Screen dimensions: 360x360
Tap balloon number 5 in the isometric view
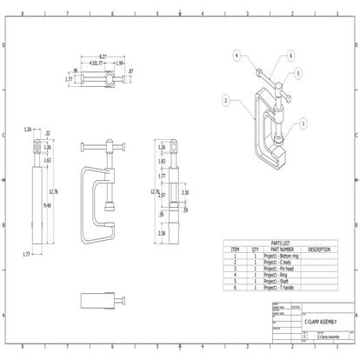(298, 74)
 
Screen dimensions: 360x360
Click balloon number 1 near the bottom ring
(302, 124)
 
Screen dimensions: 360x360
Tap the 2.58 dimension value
(162, 233)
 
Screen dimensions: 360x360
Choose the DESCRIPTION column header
(318, 250)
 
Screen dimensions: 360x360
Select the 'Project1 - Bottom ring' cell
(282, 255)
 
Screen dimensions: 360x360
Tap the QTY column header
(255, 250)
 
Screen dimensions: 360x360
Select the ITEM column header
(234, 250)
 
